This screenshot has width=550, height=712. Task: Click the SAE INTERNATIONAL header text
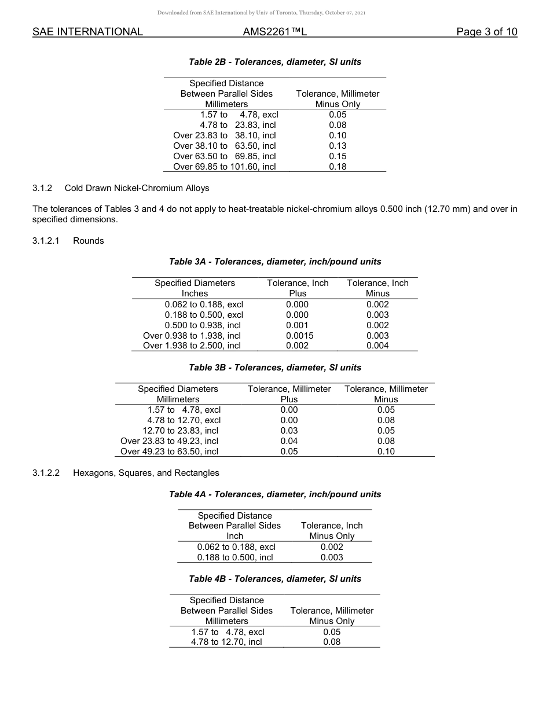coord(87,32)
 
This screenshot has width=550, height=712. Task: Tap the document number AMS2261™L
coord(274,32)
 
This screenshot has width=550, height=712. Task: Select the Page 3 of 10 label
coord(486,32)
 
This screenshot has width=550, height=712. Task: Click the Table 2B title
coord(275,62)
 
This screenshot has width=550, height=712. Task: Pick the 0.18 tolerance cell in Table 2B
coord(338,167)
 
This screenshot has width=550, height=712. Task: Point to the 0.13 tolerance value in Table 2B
coord(338,146)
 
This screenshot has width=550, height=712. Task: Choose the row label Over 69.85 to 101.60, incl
coord(225,167)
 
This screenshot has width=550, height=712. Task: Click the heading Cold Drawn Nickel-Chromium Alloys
coord(137,188)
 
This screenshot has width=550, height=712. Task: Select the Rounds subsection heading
coord(89,241)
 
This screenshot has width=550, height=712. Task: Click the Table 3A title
coord(275,262)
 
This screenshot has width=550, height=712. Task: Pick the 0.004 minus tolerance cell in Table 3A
coord(377,346)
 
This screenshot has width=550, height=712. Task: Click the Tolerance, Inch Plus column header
coord(298,288)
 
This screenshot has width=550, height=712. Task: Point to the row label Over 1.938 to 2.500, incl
coord(192,346)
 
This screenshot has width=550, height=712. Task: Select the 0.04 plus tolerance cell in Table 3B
coord(289,441)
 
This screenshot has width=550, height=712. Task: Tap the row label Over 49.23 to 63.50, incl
coord(169,452)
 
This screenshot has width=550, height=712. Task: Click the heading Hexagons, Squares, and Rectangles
coord(146,473)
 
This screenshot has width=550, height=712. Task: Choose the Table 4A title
coord(275,494)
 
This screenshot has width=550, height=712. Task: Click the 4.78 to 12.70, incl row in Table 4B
coord(227,642)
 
